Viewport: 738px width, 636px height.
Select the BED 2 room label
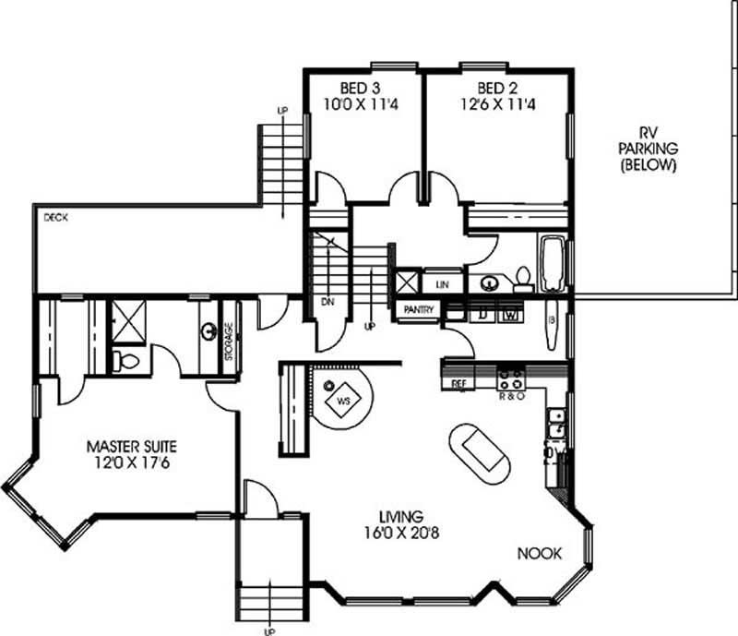pos(494,89)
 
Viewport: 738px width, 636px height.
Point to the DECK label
pos(55,218)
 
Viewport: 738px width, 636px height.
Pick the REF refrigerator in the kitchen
pos(458,382)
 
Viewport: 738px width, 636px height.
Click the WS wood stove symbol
pos(342,402)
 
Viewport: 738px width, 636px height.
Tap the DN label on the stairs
pos(327,302)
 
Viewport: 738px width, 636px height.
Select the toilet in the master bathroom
pos(125,361)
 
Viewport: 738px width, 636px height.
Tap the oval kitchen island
pos(480,454)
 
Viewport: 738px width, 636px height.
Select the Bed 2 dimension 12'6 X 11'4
pos(494,103)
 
